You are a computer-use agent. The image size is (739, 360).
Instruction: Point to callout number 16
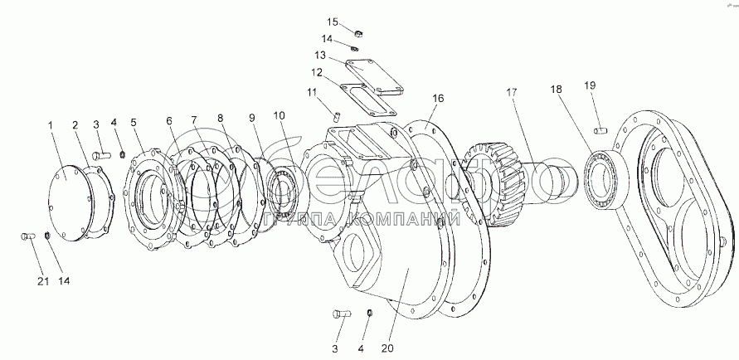438,98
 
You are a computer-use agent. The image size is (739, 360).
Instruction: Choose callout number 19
590,85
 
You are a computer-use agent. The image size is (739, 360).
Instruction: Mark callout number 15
332,22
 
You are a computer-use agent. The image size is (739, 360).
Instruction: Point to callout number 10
279,115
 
